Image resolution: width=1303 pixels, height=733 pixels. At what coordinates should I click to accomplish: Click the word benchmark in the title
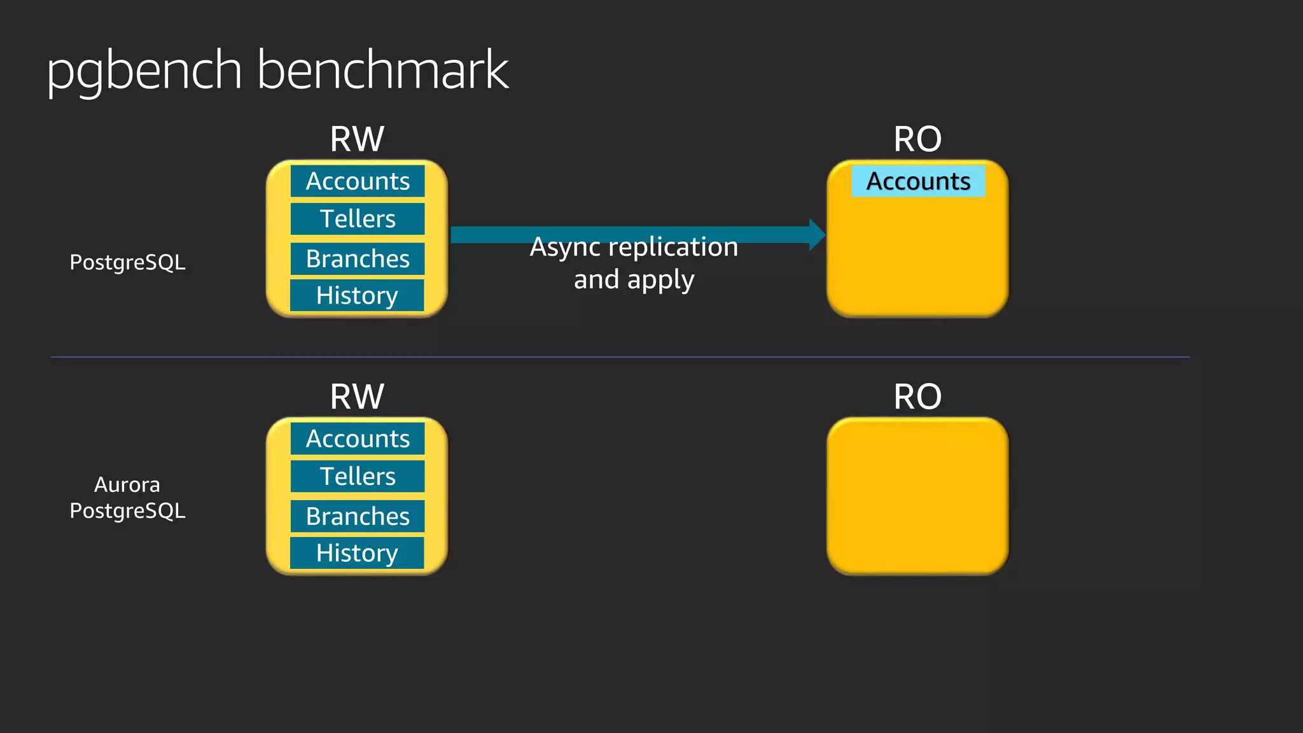(382, 70)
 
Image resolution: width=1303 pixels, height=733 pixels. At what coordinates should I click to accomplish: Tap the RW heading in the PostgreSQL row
(357, 139)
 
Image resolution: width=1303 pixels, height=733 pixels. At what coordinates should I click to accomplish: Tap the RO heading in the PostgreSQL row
(917, 139)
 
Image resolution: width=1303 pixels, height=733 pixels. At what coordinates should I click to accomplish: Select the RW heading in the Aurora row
(357, 396)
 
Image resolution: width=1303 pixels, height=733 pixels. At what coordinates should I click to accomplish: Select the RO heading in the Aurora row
(917, 396)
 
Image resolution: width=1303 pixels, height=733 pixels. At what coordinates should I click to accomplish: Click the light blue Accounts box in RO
(918, 181)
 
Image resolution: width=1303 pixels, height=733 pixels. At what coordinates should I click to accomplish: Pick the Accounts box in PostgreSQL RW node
(358, 181)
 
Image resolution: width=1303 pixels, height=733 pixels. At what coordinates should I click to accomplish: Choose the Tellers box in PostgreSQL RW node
(358, 219)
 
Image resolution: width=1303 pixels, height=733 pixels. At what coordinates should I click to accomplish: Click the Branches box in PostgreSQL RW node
(358, 259)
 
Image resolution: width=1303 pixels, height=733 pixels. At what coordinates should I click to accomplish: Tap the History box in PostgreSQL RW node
(357, 295)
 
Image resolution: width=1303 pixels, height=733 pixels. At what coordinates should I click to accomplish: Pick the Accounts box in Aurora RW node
(358, 439)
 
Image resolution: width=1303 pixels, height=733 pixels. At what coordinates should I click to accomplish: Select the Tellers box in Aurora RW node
(358, 477)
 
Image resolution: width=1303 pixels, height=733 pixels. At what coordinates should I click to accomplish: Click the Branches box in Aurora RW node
(358, 517)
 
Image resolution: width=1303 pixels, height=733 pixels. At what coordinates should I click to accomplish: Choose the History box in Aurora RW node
(357, 553)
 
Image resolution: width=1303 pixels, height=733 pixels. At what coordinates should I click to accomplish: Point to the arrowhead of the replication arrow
(817, 235)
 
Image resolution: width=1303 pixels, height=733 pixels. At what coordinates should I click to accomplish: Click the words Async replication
(634, 247)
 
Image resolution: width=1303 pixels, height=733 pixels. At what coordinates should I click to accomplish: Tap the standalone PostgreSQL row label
(127, 262)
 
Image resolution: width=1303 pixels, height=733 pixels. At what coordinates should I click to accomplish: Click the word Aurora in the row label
(127, 485)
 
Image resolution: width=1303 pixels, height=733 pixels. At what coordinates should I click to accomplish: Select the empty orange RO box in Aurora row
(917, 496)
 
